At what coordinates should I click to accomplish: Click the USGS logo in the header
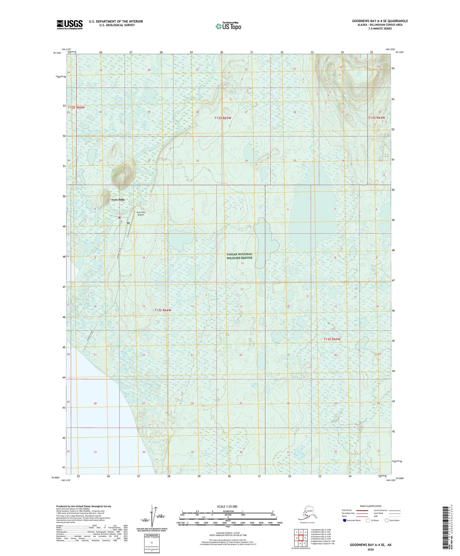click(x=70, y=25)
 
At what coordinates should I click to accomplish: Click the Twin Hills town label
click(x=118, y=200)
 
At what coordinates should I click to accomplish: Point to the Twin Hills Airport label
click(x=141, y=213)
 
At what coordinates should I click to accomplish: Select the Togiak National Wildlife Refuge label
click(x=239, y=256)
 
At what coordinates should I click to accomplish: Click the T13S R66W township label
click(x=163, y=310)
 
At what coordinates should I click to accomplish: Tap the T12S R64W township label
click(x=377, y=118)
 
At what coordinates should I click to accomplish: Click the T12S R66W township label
click(x=76, y=108)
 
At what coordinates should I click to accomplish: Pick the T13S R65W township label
click(x=332, y=339)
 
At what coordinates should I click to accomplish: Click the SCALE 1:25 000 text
click(x=227, y=506)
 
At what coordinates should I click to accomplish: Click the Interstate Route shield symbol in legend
click(x=344, y=521)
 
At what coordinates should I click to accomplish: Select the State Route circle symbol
click(x=387, y=521)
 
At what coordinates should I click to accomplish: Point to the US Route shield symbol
click(x=368, y=521)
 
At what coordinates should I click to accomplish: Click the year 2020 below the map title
click(x=371, y=549)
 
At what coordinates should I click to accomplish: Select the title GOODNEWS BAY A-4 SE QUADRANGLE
click(x=380, y=21)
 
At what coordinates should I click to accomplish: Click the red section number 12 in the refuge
click(x=242, y=263)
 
